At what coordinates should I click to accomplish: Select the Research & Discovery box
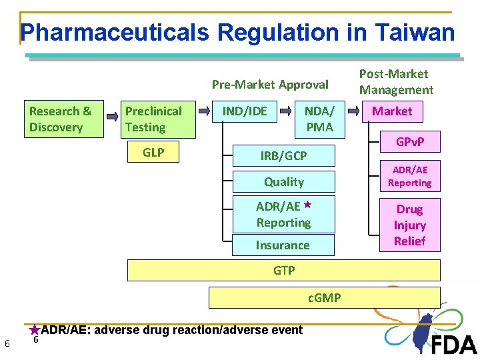[65, 119]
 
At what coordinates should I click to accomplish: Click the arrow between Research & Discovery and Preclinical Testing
[114, 119]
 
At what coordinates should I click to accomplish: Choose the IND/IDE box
[244, 111]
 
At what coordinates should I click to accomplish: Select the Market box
[392, 111]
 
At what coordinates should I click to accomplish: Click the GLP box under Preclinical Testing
[153, 153]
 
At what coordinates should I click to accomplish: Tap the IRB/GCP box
[283, 155]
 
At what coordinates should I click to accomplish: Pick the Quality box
[283, 182]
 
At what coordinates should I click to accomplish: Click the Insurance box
[283, 245]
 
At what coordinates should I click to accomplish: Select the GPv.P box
[409, 142]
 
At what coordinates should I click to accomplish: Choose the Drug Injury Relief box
[409, 225]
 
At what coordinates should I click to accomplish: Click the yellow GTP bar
[283, 271]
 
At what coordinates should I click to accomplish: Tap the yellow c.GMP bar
[324, 297]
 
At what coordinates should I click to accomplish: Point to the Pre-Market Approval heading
[270, 85]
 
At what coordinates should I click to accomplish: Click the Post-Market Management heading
[396, 82]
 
